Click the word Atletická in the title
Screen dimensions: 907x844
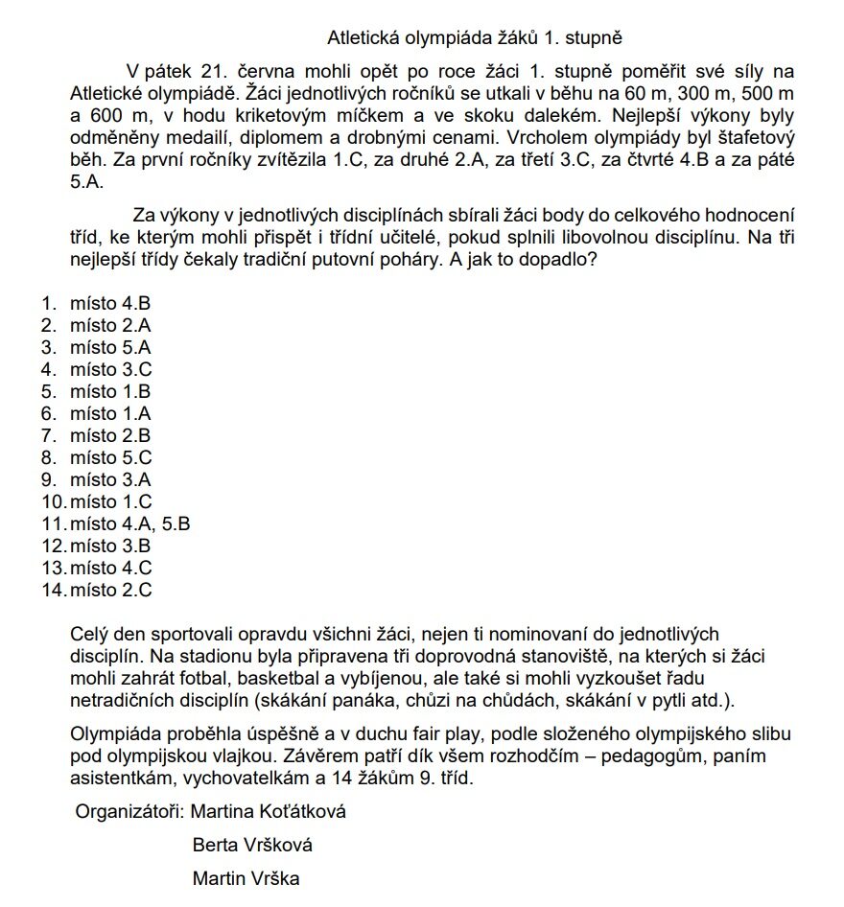coord(362,39)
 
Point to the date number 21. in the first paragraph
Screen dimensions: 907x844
coord(221,72)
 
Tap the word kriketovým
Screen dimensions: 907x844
coord(239,116)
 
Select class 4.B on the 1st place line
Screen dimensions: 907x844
coord(137,304)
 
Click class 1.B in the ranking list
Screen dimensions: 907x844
coord(137,392)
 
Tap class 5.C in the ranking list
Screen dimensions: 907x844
coord(137,458)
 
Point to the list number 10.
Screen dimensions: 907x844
coord(53,502)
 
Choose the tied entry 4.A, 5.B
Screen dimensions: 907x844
coord(156,524)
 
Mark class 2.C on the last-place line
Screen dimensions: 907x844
coord(137,591)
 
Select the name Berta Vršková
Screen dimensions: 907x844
coord(252,846)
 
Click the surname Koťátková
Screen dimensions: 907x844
coord(302,813)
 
